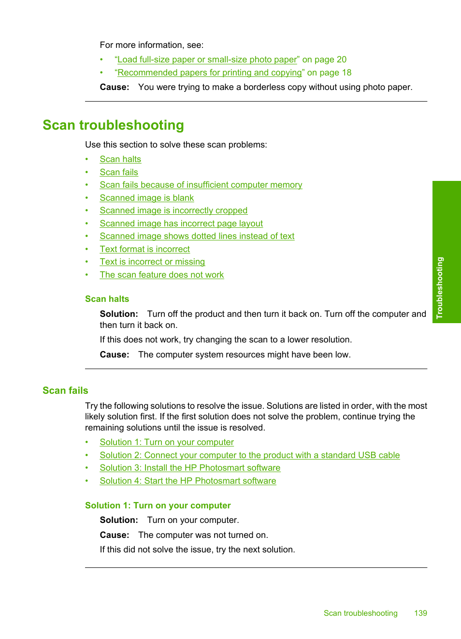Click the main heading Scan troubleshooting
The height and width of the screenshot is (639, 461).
pyautogui.click(x=113, y=125)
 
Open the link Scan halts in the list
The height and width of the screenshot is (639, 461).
pyautogui.click(x=120, y=159)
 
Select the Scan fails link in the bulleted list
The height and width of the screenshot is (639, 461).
pyautogui.click(x=119, y=172)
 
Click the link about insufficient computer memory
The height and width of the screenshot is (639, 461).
pyautogui.click(x=201, y=185)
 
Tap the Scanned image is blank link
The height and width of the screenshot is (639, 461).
pyautogui.click(x=146, y=198)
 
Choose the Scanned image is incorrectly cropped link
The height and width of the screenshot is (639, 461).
pyautogui.click(x=173, y=210)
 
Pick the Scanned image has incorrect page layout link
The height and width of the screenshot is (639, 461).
pyautogui.click(x=181, y=223)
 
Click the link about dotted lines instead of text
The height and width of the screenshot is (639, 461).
pyautogui.click(x=197, y=236)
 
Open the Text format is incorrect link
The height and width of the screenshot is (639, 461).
pyautogui.click(x=144, y=249)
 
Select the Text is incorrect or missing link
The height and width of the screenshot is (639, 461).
pyautogui.click(x=152, y=262)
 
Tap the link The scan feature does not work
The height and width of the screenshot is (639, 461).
pyautogui.click(x=161, y=275)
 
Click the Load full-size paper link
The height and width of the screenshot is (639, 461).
pyautogui.click(x=207, y=59)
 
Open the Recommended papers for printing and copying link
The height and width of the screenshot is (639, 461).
pyautogui.click(x=209, y=73)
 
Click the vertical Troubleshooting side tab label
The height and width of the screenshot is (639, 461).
pyautogui.click(x=439, y=287)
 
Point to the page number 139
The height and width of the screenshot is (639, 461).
pyautogui.click(x=420, y=613)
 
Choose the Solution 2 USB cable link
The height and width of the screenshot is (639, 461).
pyautogui.click(x=249, y=455)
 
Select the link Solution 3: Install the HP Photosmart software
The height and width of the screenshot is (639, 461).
pyautogui.click(x=190, y=468)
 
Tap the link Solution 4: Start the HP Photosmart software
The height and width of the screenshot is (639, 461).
pyautogui.click(x=188, y=481)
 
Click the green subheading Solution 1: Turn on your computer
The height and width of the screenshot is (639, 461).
pyautogui.click(x=158, y=505)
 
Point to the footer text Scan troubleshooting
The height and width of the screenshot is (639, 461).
pyautogui.click(x=360, y=613)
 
